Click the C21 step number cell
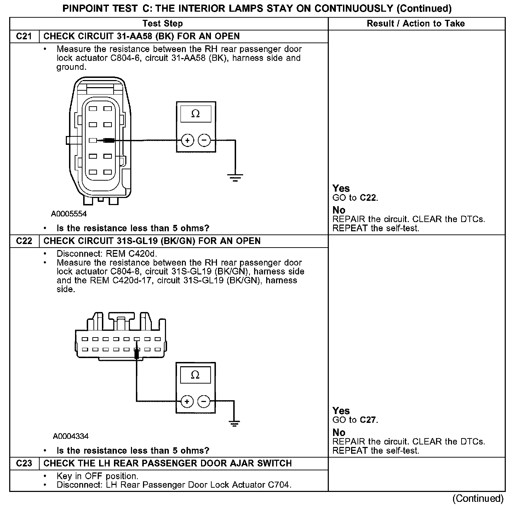[x=24, y=36]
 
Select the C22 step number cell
[x=24, y=241]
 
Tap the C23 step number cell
[x=24, y=464]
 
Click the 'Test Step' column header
[x=162, y=24]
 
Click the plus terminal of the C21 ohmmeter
[x=187, y=141]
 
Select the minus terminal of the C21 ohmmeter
[x=204, y=141]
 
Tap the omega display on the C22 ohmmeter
[x=195, y=375]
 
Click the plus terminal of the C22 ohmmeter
[x=187, y=401]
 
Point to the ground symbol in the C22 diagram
[x=234, y=424]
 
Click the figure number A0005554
[x=69, y=214]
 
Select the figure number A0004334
[x=70, y=436]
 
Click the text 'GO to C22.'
[x=355, y=198]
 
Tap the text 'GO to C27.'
[x=355, y=420]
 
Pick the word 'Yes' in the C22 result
[x=341, y=411]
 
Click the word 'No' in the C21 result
[x=339, y=210]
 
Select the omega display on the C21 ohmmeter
[x=195, y=114]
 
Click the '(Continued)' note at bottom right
[x=478, y=499]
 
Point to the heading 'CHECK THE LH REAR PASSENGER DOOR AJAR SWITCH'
[x=167, y=464]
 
